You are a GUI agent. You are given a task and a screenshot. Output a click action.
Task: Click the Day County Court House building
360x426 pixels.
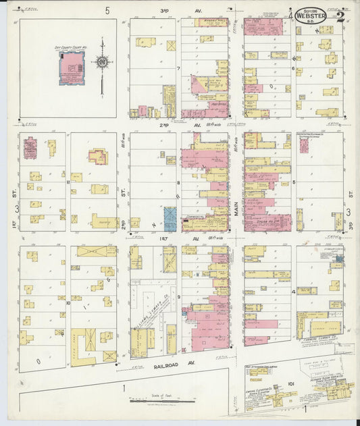72,67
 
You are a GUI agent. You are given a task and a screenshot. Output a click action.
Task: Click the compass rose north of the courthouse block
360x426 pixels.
102,63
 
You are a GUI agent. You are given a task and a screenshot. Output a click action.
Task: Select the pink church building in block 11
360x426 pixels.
30,147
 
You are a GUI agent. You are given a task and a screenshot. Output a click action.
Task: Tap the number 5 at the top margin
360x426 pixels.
107,10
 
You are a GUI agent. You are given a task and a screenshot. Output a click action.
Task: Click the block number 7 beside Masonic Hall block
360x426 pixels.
178,69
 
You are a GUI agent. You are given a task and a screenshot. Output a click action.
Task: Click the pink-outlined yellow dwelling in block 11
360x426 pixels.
98,157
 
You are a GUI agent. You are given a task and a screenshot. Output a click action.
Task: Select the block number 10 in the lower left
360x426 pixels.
68,303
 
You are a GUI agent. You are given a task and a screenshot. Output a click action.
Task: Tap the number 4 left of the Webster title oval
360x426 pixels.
291,15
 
